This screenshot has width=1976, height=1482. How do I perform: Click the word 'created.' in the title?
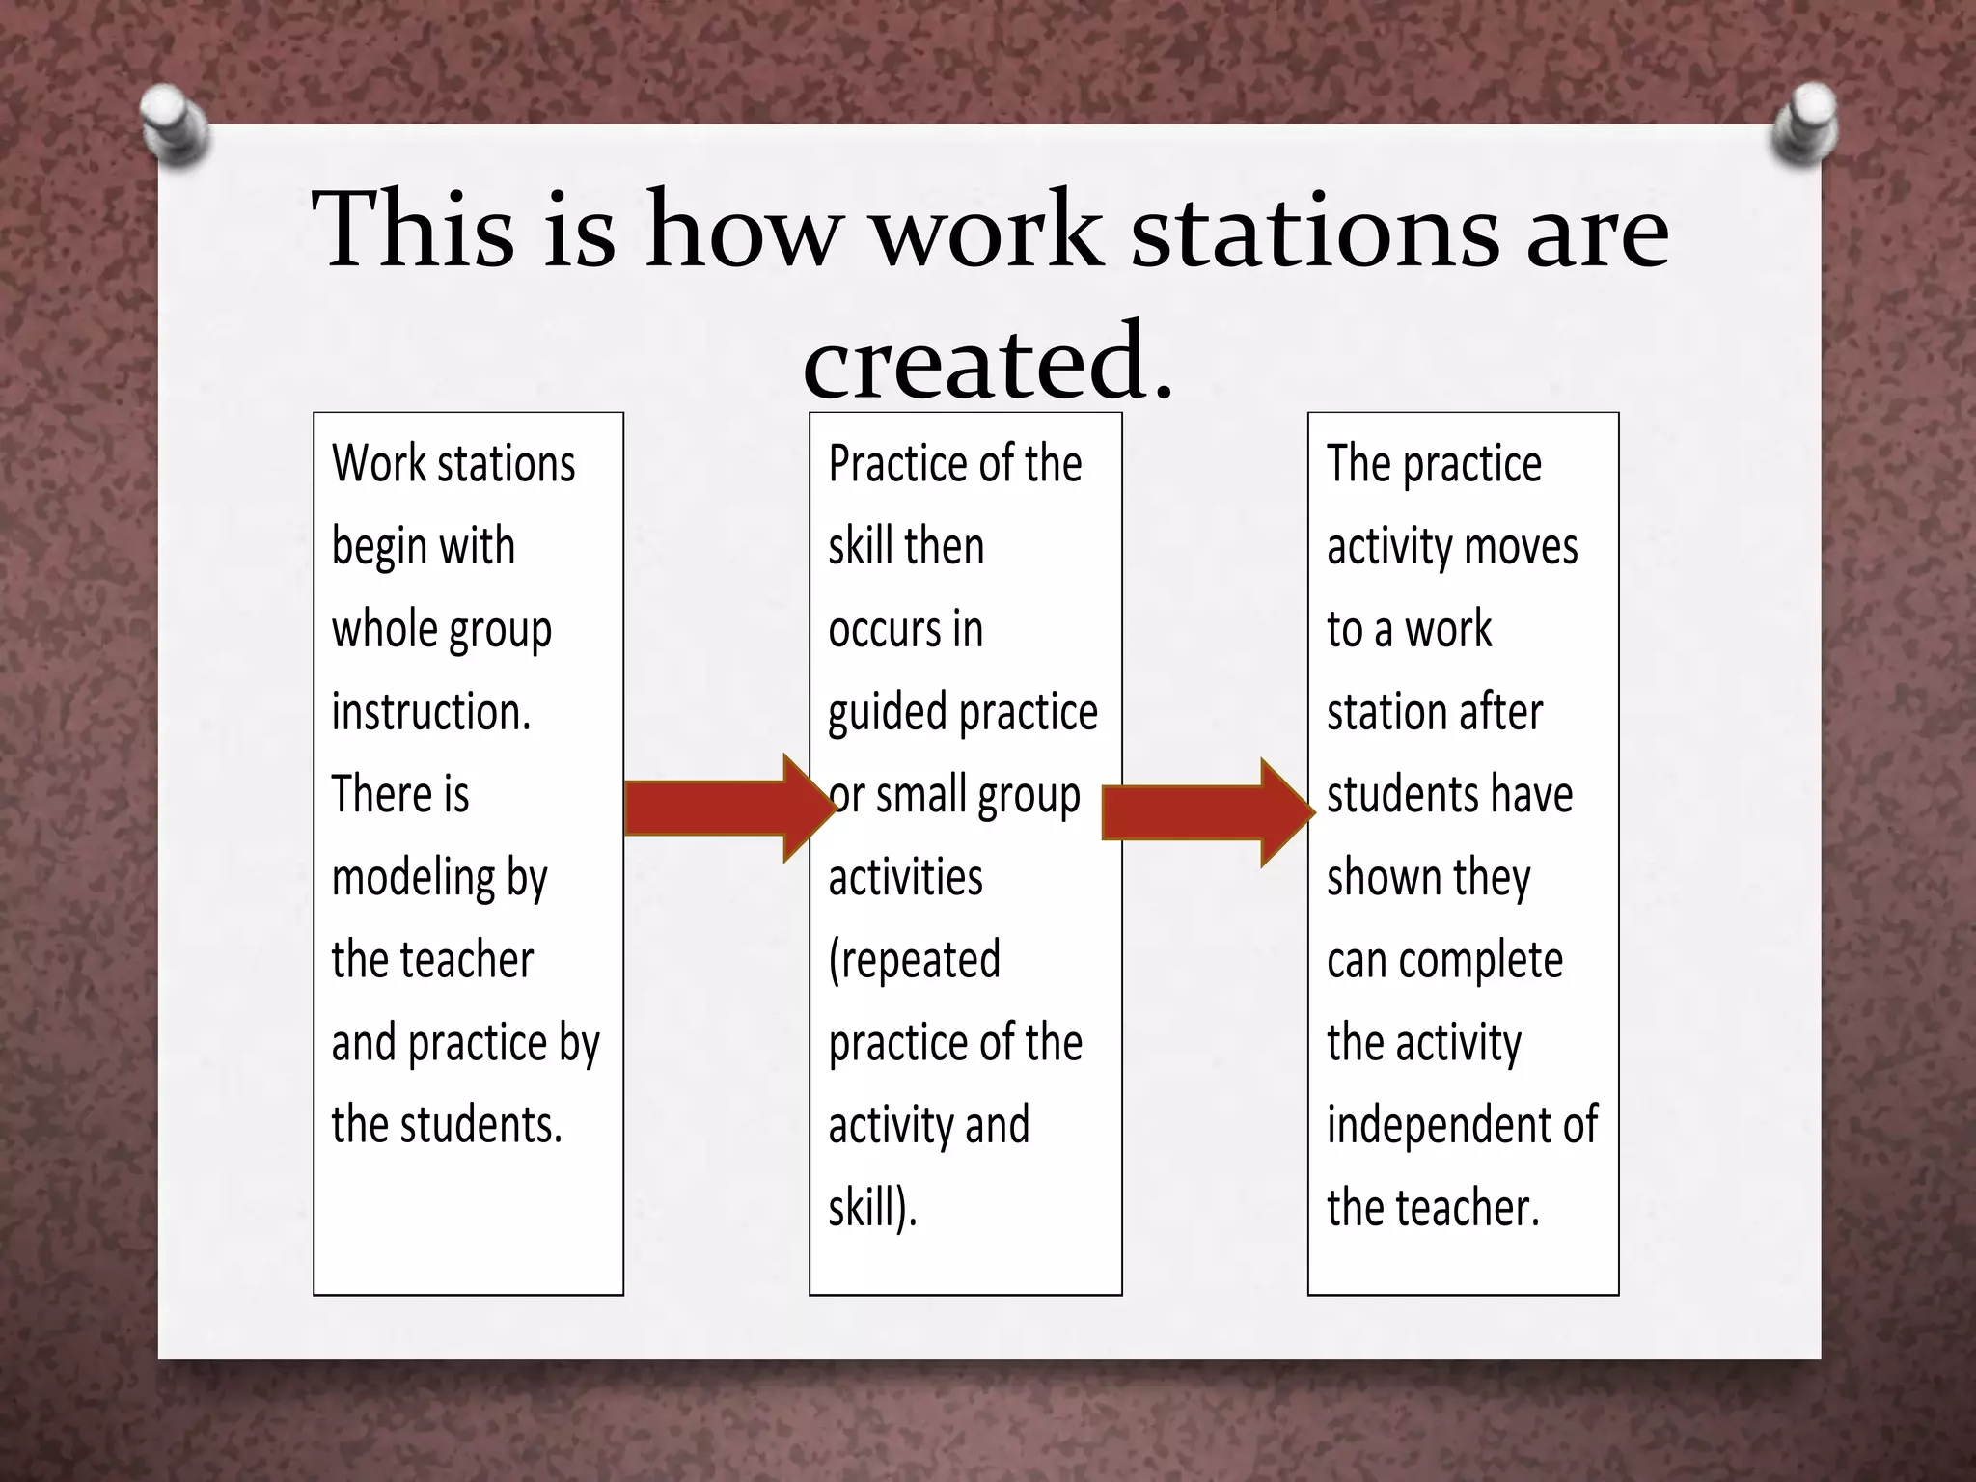(x=988, y=361)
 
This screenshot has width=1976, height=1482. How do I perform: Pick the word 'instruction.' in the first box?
(x=430, y=712)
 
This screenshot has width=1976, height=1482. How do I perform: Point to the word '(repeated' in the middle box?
(x=914, y=961)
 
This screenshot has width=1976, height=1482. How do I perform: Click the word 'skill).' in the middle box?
(x=872, y=1208)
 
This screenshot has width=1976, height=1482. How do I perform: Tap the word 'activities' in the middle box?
(x=905, y=878)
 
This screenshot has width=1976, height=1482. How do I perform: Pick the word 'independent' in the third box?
(x=1437, y=1125)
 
